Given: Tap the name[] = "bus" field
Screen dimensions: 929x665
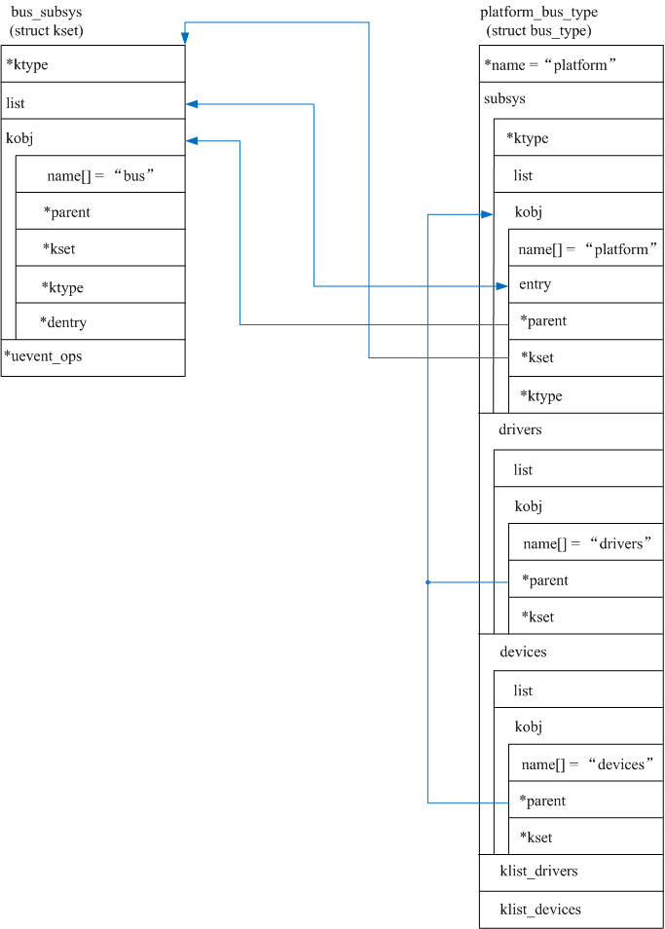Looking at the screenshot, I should [x=100, y=175].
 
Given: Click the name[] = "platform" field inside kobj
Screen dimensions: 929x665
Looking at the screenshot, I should [x=585, y=249].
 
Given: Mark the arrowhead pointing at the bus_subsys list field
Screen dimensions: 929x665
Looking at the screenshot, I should [x=192, y=103].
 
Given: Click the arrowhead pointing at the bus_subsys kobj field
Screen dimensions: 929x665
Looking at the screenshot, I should [x=192, y=140].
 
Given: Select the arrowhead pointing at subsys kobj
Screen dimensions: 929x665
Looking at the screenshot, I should [x=488, y=213].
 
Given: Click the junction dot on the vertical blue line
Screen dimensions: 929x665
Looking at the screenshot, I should [x=427, y=582].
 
